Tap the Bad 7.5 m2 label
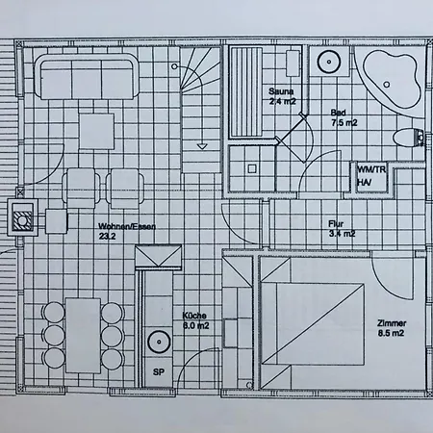[x=344, y=117]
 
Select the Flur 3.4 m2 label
[x=342, y=229]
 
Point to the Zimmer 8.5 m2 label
[x=392, y=328]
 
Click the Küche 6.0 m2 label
[x=195, y=320]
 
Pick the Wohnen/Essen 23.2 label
[x=127, y=231]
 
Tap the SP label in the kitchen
[x=159, y=372]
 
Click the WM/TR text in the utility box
[x=371, y=169]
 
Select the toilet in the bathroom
[x=408, y=138]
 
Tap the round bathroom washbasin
[x=329, y=62]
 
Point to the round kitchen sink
[x=159, y=342]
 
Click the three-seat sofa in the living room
[x=87, y=77]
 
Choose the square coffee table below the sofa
[x=96, y=131]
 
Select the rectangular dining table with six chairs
[x=83, y=336]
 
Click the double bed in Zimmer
[x=313, y=323]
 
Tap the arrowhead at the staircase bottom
[x=202, y=146]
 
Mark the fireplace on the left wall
[x=22, y=217]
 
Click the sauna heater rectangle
[x=293, y=64]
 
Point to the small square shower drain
[x=252, y=168]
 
